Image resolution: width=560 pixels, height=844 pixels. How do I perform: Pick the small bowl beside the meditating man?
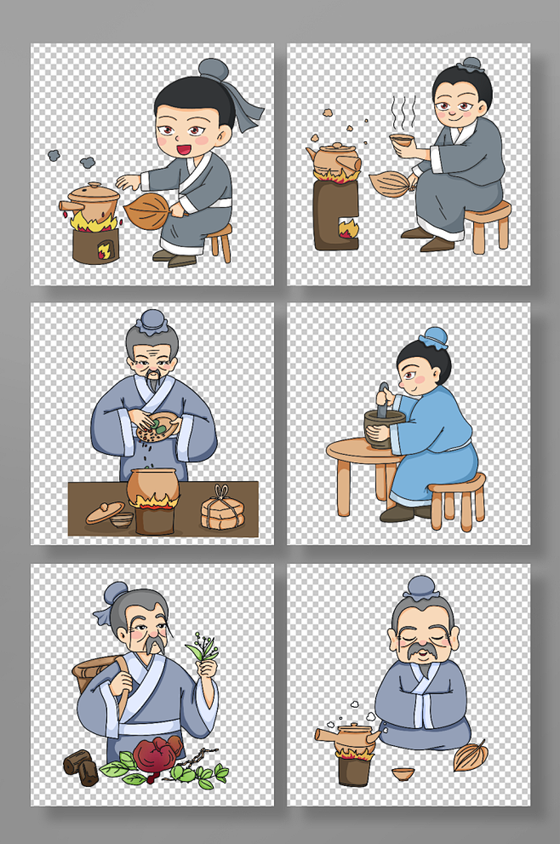point(403,773)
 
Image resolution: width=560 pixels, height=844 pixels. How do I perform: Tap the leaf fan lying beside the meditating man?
point(469,755)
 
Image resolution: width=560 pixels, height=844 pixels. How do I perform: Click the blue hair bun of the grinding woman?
point(432,337)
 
